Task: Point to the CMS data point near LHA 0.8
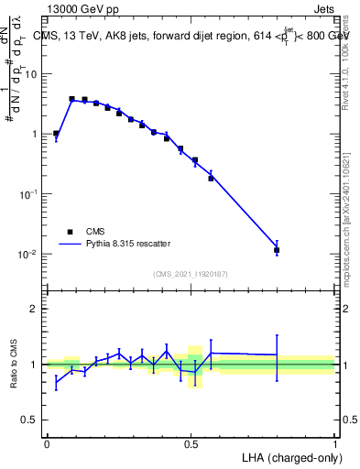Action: pyautogui.click(x=277, y=249)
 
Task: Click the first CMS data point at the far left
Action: pyautogui.click(x=56, y=134)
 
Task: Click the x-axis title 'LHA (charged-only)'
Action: pyautogui.click(x=289, y=457)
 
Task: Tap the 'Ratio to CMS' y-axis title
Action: pyautogui.click(x=14, y=365)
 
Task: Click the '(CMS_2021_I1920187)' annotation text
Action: pyautogui.click(x=191, y=274)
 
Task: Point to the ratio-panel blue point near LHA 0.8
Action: pyautogui.click(x=277, y=354)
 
